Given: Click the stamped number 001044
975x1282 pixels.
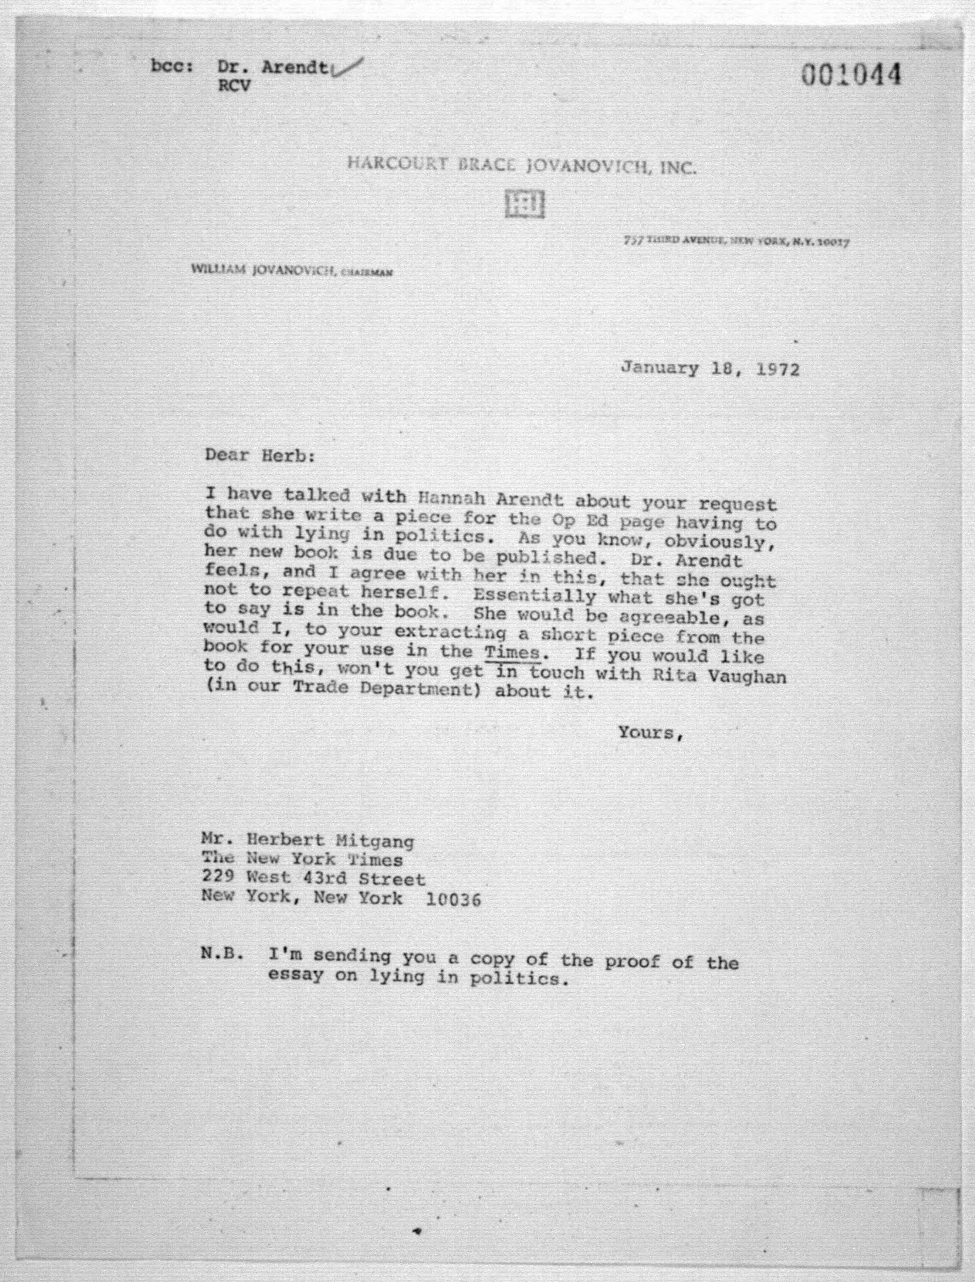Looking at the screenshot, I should point(851,76).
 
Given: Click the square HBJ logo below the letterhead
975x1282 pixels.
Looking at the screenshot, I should point(524,204).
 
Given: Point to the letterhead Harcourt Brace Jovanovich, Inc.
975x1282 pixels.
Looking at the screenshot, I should point(521,167).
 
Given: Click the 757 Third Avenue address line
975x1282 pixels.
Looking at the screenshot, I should point(736,240).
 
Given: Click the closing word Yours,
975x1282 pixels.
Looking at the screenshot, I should point(650,733).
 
